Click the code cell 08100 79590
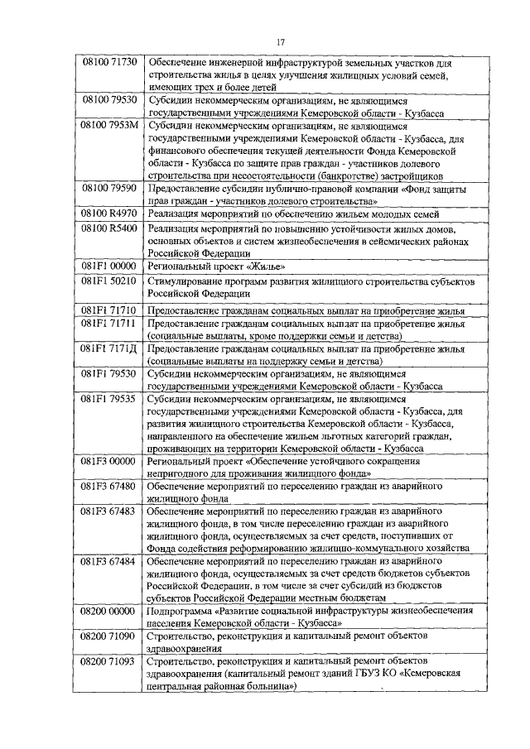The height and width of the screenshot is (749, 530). [x=109, y=188]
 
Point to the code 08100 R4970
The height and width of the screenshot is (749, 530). [x=109, y=214]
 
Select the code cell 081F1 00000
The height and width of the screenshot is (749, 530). [x=109, y=266]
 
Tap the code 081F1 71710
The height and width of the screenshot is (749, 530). [x=109, y=309]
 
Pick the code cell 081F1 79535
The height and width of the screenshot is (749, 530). [x=109, y=399]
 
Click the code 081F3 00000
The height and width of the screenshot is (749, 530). [x=109, y=462]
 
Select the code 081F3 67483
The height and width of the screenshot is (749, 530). [x=109, y=513]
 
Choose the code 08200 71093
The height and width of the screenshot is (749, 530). [x=109, y=663]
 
